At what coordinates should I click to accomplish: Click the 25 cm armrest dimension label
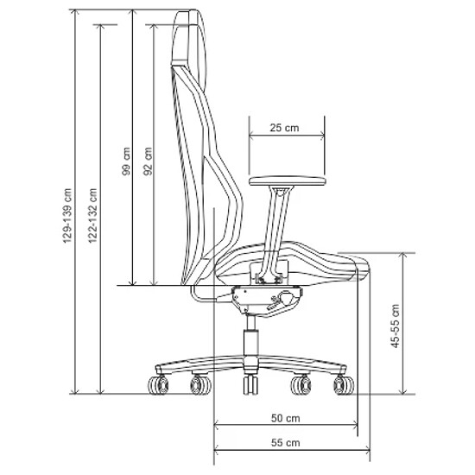pyautogui.click(x=284, y=128)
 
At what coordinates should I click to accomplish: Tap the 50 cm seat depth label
pyautogui.click(x=285, y=418)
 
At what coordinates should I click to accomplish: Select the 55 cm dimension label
pyautogui.click(x=285, y=442)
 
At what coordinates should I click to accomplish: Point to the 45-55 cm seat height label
pyautogui.click(x=396, y=326)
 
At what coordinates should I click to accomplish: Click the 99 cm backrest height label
pyautogui.click(x=126, y=161)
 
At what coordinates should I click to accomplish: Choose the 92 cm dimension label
pyautogui.click(x=148, y=161)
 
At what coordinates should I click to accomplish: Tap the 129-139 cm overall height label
pyautogui.click(x=67, y=215)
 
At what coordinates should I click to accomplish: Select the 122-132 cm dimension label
pyautogui.click(x=92, y=215)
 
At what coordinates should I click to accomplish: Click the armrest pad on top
pyautogui.click(x=288, y=181)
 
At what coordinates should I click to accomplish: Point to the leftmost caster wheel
pyautogui.click(x=159, y=385)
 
